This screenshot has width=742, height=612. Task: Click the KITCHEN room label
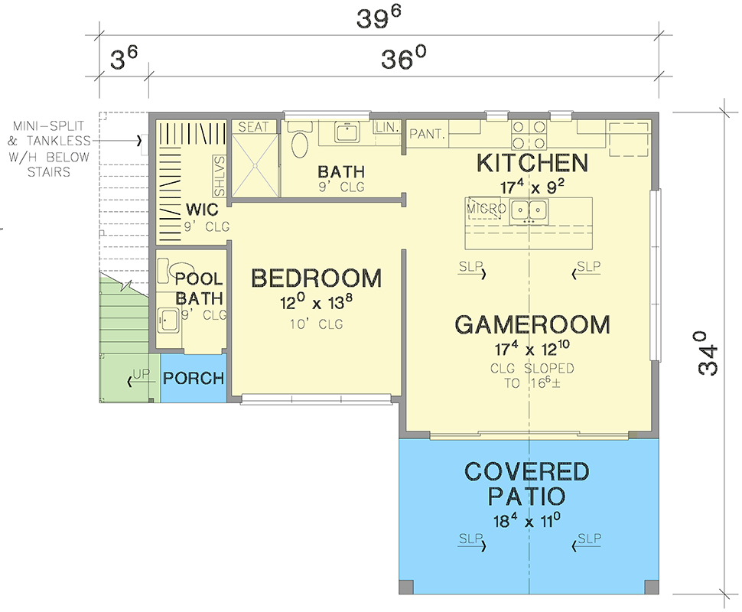532,163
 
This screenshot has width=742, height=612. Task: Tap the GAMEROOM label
532,324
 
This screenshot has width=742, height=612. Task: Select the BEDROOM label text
316,278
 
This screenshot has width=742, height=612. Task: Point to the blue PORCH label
194,378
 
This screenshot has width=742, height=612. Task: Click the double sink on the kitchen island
529,209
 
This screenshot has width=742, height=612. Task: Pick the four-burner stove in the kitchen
529,135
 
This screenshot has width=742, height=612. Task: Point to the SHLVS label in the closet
219,177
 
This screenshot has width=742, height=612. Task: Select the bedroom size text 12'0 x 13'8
316,304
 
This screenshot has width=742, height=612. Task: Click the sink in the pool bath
168,317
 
